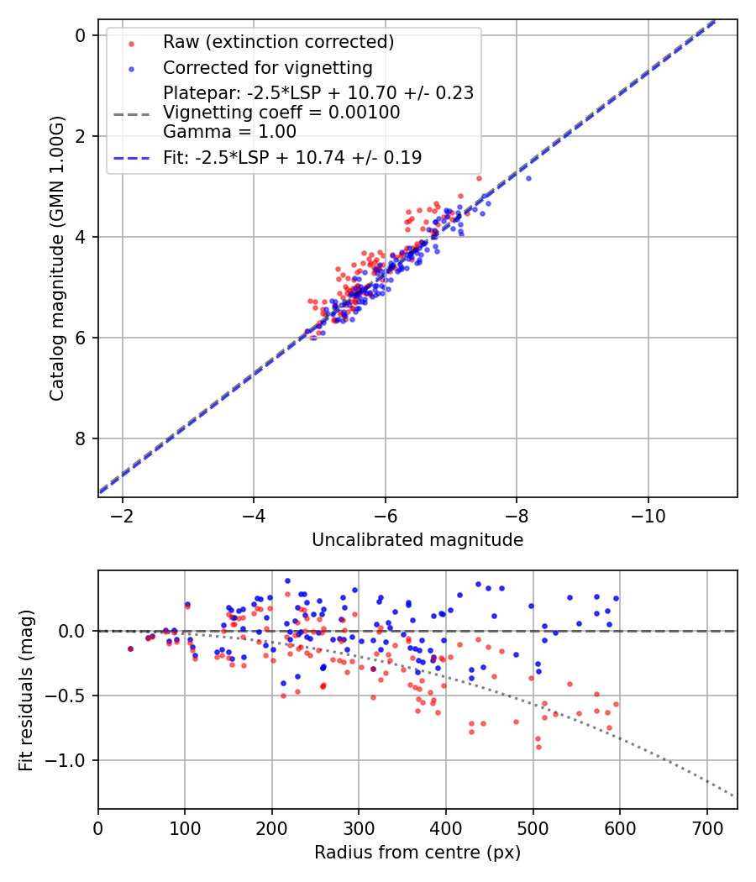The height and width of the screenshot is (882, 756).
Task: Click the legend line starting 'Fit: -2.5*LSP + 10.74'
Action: point(292,157)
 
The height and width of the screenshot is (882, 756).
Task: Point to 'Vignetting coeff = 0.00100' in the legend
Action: point(281,112)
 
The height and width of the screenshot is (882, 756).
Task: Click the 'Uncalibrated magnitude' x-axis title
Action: point(417,540)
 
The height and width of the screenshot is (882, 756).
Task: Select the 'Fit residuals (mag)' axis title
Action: point(26,689)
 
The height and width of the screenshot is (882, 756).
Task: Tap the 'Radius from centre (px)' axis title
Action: point(417,853)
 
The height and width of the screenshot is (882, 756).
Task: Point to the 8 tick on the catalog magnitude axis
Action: point(80,438)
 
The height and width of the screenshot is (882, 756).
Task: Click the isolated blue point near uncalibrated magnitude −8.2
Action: point(528,178)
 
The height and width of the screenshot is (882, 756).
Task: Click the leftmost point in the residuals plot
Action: point(130,648)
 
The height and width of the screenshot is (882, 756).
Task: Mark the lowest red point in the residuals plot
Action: point(538,747)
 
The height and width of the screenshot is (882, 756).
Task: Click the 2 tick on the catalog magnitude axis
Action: point(80,136)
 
